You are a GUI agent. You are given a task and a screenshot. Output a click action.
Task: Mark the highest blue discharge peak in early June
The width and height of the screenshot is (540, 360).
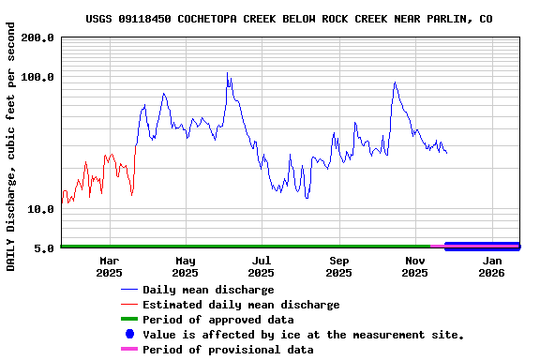[x=227, y=73]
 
